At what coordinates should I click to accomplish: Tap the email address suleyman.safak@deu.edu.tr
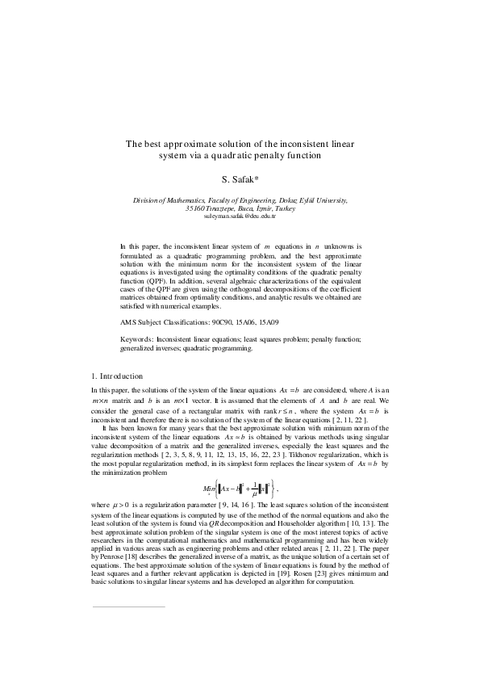[x=240, y=216]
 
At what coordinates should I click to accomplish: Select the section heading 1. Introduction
[x=118, y=376]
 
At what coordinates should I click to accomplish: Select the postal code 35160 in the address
[x=196, y=208]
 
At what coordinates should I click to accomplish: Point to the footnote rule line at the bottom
[x=128, y=651]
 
